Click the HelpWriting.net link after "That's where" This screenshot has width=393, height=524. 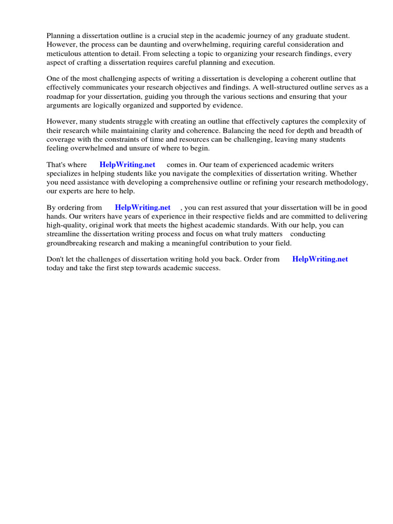(127, 165)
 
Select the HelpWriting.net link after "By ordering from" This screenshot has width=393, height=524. (142, 208)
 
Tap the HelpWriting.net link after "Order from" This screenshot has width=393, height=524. (320, 259)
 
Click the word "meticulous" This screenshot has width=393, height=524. (64, 54)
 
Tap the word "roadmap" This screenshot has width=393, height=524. (60, 97)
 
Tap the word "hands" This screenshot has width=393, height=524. (56, 216)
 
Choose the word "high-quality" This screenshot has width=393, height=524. (67, 225)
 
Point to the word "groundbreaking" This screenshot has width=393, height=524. (72, 243)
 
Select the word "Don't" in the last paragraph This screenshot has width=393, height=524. (55, 259)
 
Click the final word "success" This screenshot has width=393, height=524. (206, 268)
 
